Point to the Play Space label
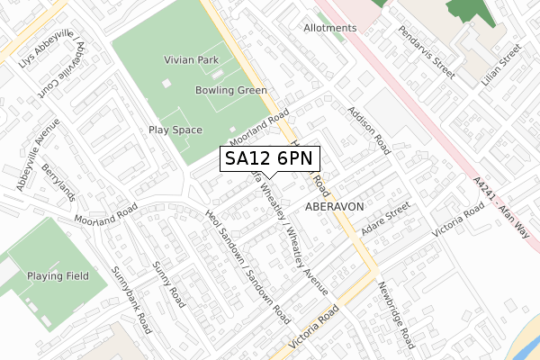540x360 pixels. click(175, 130)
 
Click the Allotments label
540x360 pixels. click(329, 28)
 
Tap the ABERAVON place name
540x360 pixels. click(334, 206)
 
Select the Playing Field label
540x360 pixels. click(58, 275)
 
